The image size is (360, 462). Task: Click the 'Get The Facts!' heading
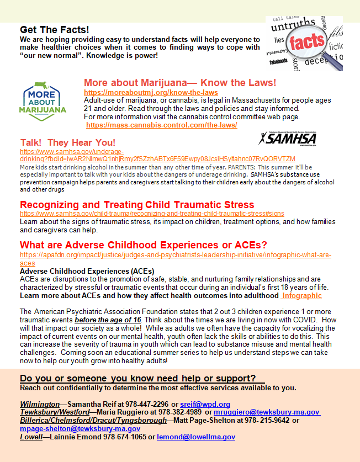point(55,29)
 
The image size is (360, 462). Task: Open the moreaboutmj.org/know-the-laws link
point(151,92)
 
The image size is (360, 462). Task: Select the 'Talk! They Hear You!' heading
point(68,142)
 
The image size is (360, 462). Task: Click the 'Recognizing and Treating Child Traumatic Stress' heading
point(137,205)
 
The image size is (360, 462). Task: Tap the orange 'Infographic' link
point(301,295)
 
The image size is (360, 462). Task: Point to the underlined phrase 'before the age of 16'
point(108,320)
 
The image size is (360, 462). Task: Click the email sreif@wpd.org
point(205,405)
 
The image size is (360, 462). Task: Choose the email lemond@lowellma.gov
point(196,437)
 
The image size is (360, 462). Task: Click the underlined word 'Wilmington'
point(39,405)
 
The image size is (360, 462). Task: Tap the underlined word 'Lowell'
point(31,437)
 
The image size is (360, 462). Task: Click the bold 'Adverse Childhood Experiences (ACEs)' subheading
point(87,271)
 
